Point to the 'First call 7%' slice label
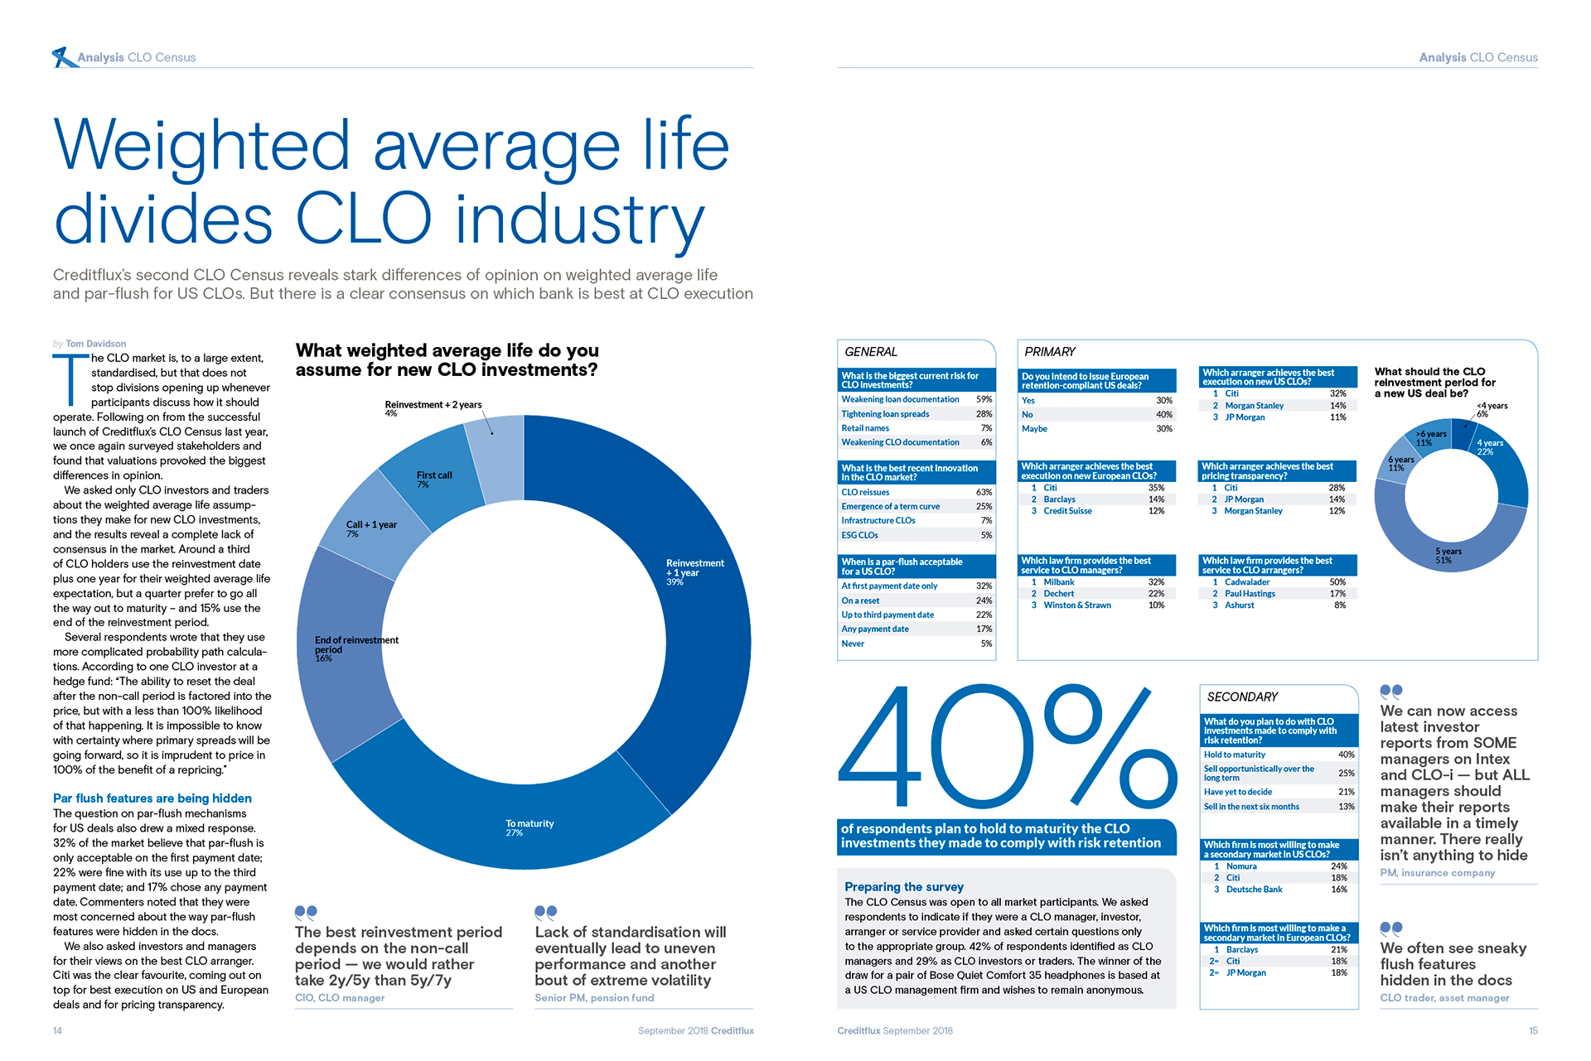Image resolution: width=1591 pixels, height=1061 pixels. point(434,479)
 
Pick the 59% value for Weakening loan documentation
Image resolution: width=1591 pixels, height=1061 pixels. point(984,399)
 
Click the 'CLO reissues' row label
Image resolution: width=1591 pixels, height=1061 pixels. point(865,492)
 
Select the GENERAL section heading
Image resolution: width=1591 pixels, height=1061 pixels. point(871,352)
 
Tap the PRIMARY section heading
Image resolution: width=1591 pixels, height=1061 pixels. point(1050,352)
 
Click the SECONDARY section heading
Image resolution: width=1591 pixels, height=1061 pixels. point(1242,697)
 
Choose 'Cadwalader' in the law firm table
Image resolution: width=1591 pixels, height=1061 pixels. point(1247,582)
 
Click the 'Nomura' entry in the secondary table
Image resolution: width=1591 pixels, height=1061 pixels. point(1241,866)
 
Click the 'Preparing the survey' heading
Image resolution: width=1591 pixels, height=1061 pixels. point(904,887)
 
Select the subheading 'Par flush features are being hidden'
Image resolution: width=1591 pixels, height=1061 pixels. point(152,798)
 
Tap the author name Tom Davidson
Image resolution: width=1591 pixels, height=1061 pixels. point(95,344)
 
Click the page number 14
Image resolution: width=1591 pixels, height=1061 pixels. point(57,1031)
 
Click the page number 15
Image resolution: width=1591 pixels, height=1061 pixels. point(1533,1031)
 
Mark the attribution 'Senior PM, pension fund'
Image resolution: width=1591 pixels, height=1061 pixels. point(594,998)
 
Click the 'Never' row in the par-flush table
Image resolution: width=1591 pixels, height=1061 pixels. point(853,644)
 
